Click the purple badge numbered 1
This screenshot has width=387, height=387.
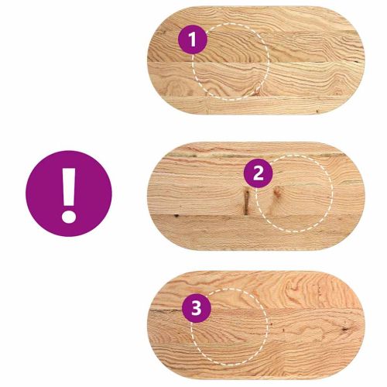(193, 39)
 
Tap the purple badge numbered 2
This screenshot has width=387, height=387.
(258, 173)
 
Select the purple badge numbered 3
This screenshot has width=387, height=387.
(197, 308)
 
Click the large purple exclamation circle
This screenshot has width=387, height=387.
(69, 193)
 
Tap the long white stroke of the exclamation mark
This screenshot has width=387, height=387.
(69, 187)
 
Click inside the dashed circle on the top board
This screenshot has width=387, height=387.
(231, 62)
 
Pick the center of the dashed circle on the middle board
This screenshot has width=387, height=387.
(294, 193)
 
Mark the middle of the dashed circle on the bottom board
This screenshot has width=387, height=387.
(229, 327)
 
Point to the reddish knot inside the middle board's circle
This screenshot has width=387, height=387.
(277, 192)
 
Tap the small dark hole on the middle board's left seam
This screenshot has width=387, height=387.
(176, 215)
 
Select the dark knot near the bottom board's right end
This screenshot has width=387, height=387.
(344, 329)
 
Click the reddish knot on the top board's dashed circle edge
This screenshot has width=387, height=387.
(257, 89)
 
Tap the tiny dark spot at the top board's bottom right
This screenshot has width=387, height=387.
(317, 111)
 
